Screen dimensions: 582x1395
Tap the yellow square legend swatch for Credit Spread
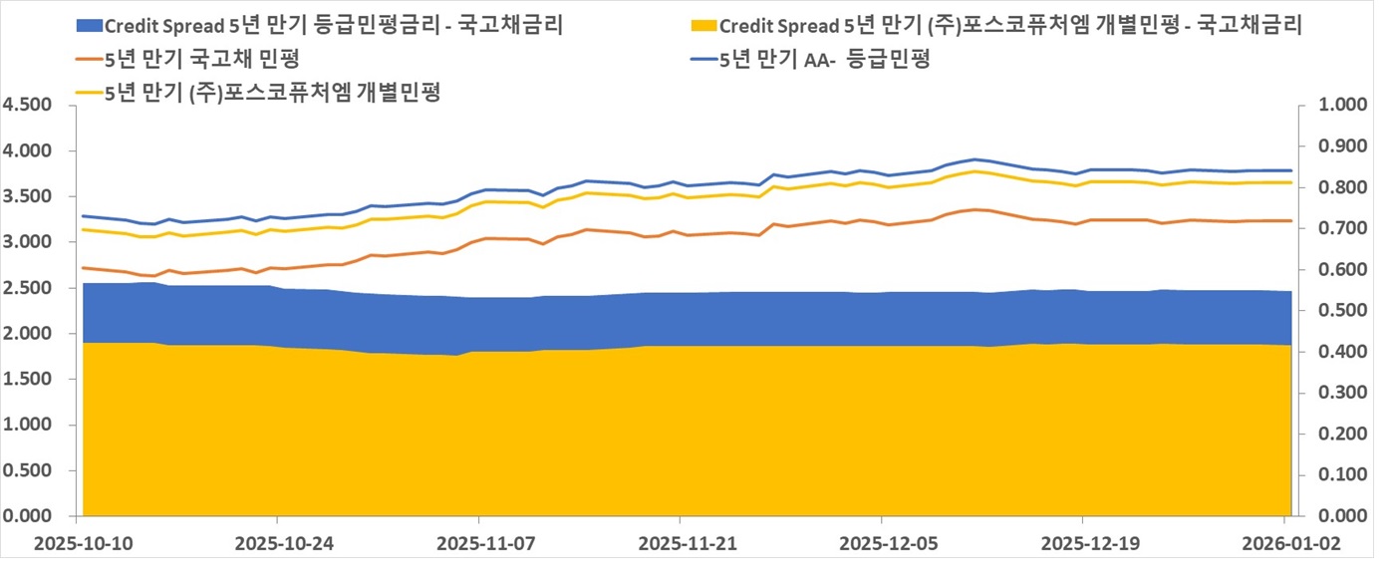coord(702,25)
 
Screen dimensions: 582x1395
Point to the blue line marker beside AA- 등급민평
coord(702,59)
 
